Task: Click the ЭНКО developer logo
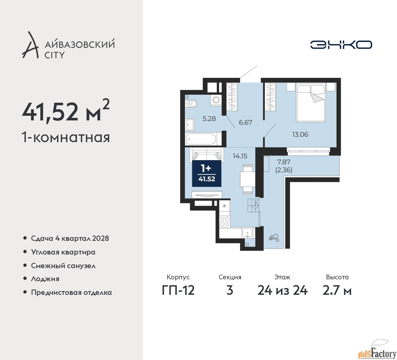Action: [341, 45]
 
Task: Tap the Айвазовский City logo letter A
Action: [30, 45]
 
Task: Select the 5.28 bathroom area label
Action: [209, 119]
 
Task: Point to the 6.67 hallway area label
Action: [245, 122]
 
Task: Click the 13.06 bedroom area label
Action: [300, 134]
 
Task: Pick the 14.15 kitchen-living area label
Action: [240, 156]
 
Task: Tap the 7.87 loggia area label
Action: [284, 162]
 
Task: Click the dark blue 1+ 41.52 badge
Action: [207, 173]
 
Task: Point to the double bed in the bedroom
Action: [311, 102]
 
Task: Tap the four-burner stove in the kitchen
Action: [225, 221]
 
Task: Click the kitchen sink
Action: [247, 233]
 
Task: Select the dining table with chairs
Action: [248, 179]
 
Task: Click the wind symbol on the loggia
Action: [274, 238]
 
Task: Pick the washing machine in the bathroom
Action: [216, 99]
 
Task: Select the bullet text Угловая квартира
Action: [63, 253]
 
